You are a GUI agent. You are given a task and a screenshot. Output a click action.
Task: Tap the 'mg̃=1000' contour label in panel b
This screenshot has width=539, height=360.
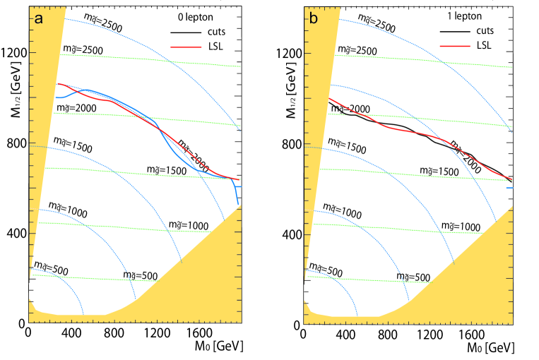(x=461, y=224)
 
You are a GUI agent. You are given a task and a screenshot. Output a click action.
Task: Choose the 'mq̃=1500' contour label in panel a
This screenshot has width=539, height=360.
(x=73, y=147)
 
